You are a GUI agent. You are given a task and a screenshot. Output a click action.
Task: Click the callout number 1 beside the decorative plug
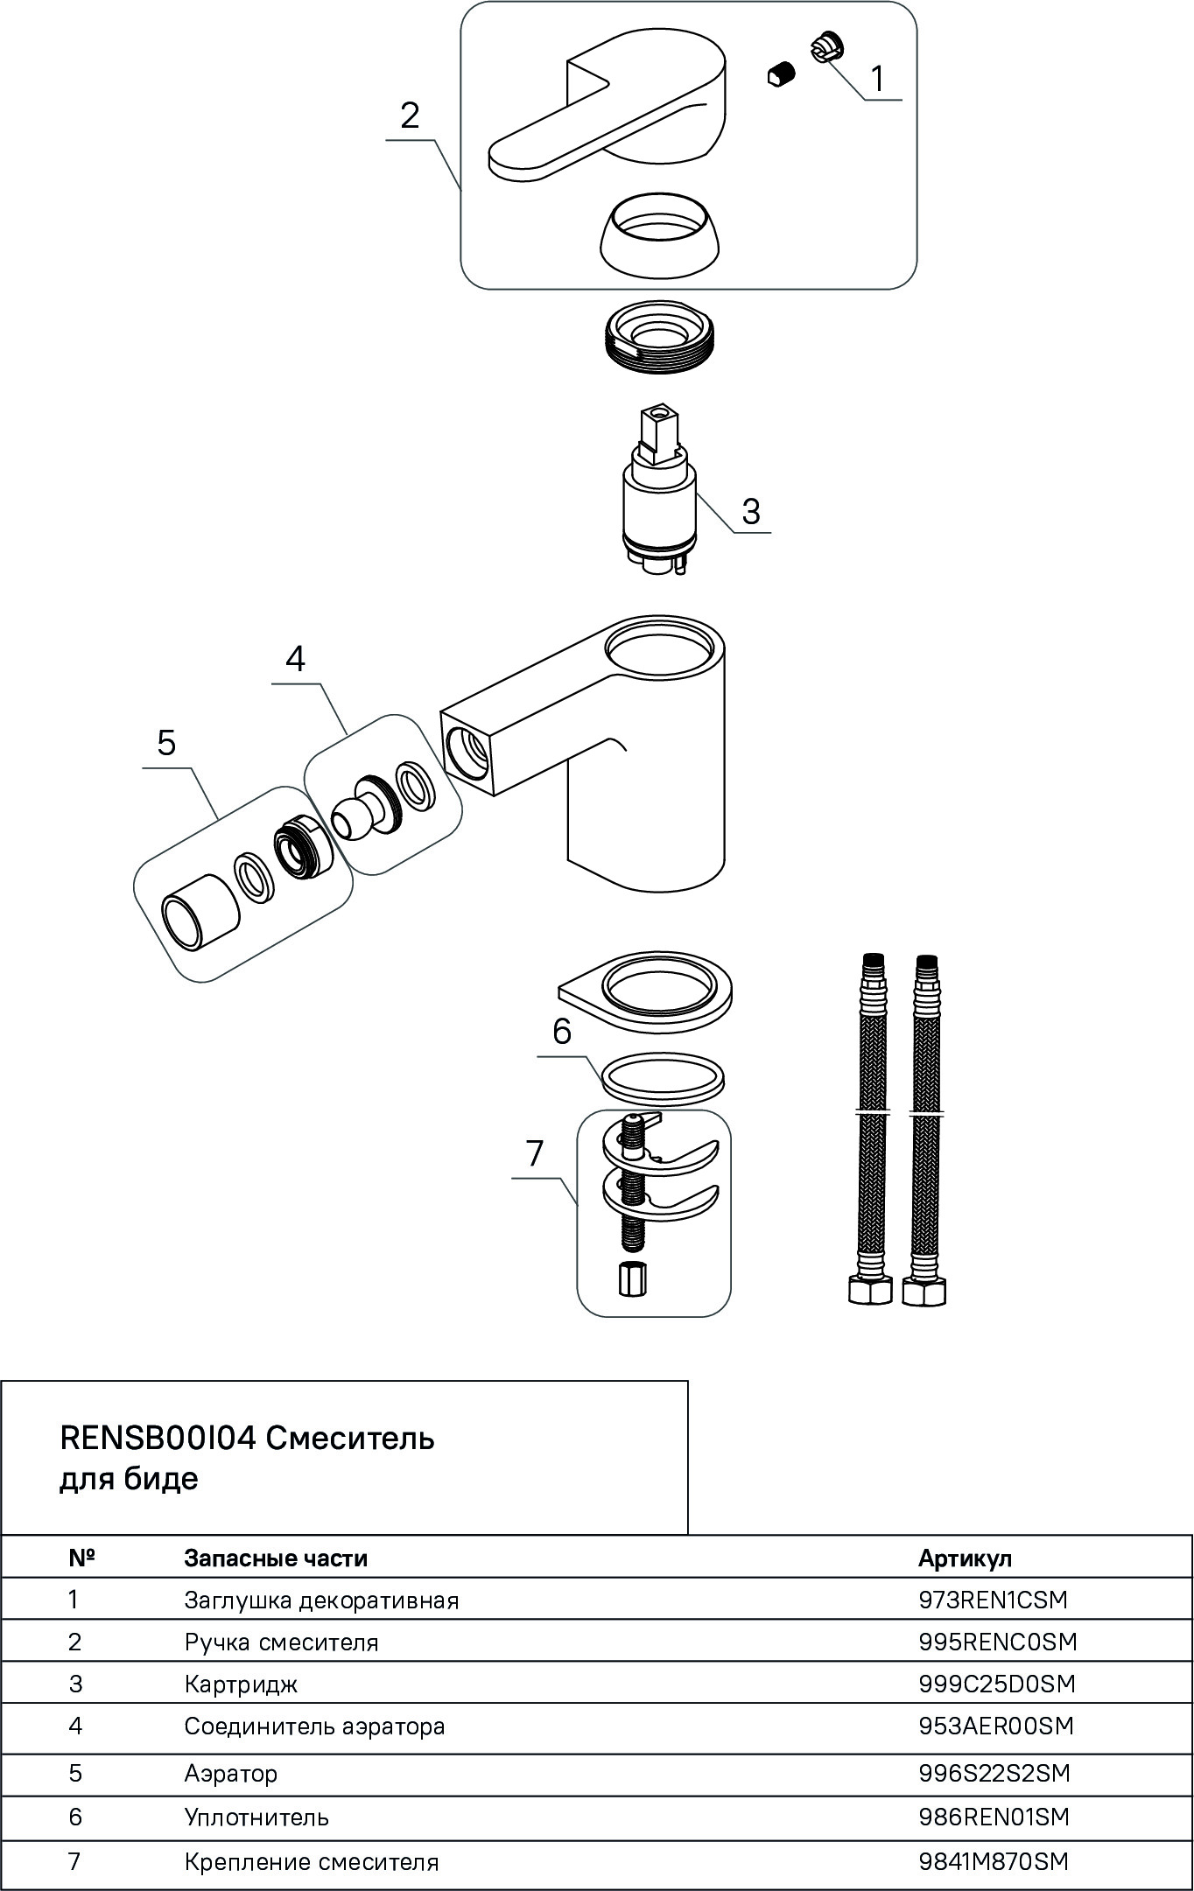877,79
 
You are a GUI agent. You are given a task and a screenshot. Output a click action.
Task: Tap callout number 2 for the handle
410,116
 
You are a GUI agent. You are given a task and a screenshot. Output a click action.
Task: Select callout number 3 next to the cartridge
750,511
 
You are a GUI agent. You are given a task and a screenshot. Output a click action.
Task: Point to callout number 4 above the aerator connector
296,659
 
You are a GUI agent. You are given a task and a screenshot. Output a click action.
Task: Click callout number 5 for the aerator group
166,743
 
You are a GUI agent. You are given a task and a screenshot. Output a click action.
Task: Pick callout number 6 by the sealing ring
562,1031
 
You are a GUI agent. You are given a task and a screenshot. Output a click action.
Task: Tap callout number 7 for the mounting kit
535,1152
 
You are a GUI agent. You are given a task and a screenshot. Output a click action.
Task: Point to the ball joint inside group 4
357,816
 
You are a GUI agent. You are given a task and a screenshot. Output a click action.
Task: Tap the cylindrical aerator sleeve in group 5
200,910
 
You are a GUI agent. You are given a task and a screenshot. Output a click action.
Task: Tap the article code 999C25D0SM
997,1684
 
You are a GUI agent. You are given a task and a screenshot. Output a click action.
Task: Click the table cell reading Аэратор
231,1773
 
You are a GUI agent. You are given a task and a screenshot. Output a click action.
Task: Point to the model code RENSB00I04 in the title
158,1437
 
